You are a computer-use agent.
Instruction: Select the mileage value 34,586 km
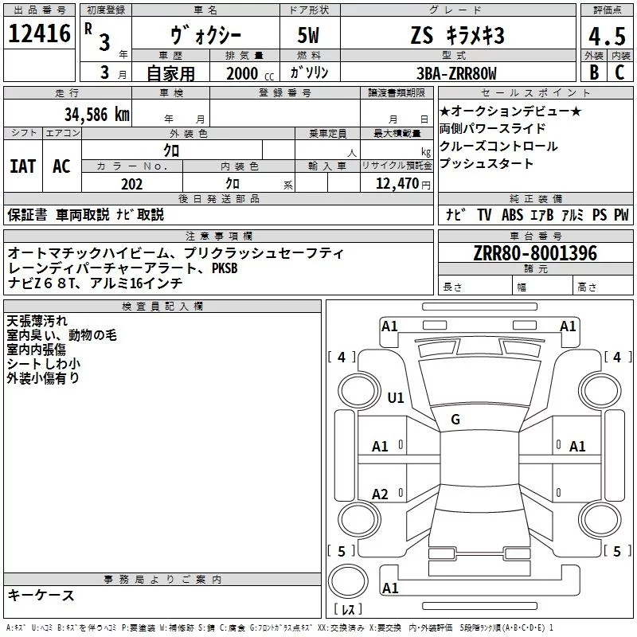[x=98, y=114]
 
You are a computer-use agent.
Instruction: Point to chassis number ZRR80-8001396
[x=534, y=253]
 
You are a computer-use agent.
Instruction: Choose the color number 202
[x=131, y=184]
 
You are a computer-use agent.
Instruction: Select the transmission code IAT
[x=22, y=166]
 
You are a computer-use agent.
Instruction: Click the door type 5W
[x=310, y=37]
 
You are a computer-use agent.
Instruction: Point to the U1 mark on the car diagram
[x=396, y=397]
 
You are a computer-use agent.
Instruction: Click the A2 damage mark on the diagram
[x=381, y=494]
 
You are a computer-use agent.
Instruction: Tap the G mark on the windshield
[x=455, y=420]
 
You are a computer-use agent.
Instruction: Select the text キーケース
[x=41, y=596]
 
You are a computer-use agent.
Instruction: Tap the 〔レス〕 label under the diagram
[x=347, y=610]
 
